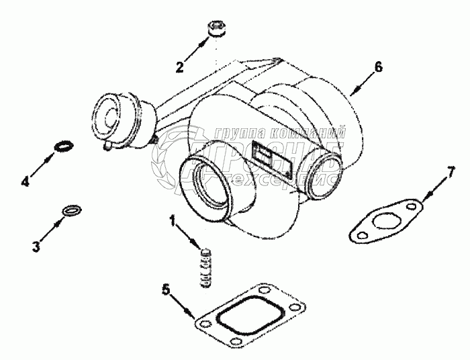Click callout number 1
[x=173, y=220]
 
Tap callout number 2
[x=179, y=66]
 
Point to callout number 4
[x=26, y=181]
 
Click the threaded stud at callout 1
[x=207, y=267]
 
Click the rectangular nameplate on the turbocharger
[x=271, y=160]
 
